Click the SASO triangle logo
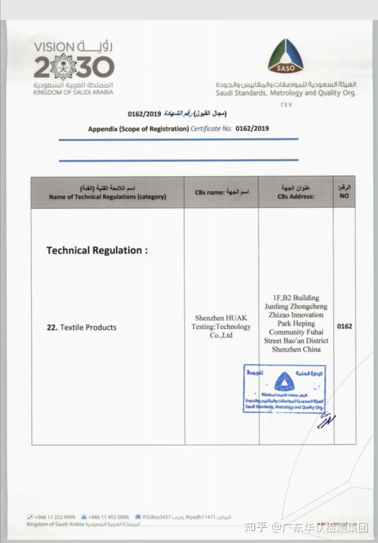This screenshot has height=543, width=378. [x=285, y=56]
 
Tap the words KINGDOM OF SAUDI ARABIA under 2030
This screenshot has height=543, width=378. [x=73, y=93]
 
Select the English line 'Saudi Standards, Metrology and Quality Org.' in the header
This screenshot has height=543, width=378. [x=286, y=93]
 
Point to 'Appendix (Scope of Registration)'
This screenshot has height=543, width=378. [x=138, y=128]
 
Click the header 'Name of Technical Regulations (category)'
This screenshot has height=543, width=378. [x=107, y=197]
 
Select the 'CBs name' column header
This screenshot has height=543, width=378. [x=222, y=192]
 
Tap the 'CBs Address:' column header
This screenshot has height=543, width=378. [x=296, y=196]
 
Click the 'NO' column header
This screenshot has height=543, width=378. [x=344, y=196]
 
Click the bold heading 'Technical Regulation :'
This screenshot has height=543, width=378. [x=97, y=250]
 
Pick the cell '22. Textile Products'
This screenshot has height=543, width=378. [x=81, y=327]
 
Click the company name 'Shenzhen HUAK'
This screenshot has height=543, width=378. [x=221, y=318]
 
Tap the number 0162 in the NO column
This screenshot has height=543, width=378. [x=344, y=326]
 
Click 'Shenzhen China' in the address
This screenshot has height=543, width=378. [x=296, y=349]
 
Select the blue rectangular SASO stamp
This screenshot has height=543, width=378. [x=284, y=389]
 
